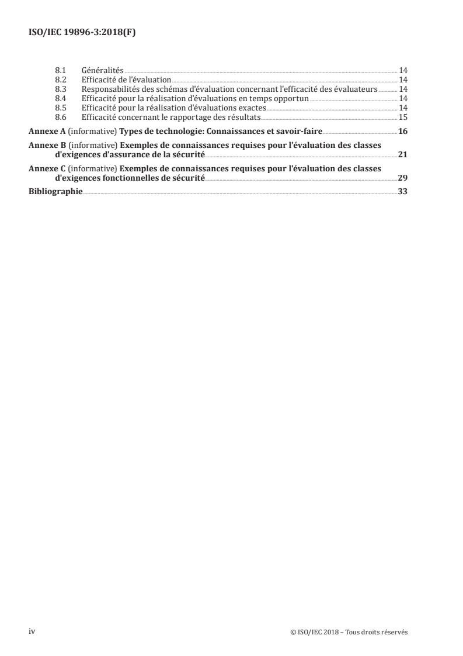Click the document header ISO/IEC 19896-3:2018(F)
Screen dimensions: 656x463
pos(82,33)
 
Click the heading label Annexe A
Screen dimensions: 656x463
pos(47,130)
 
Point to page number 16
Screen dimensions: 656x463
pos(403,130)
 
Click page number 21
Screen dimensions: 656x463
pos(403,154)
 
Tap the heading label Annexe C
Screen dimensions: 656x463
pos(47,169)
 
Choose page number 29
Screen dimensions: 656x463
pos(403,178)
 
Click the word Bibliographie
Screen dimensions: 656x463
pos(55,192)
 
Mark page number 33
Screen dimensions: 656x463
pos(403,192)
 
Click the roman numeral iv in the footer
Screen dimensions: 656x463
pos(33,631)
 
